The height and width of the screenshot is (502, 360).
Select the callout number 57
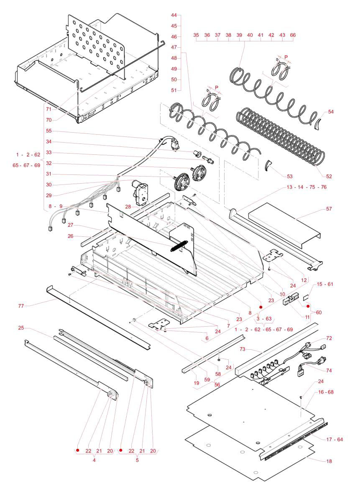point(329,208)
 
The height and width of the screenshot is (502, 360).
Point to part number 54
point(331,112)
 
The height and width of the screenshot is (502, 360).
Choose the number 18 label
point(329,461)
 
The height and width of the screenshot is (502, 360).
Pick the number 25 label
point(21,328)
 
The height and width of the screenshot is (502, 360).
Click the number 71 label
point(49,109)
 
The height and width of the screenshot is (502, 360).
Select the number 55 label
point(49,131)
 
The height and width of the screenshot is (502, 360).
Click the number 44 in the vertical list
point(174,15)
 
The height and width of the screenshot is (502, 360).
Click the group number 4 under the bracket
point(94,460)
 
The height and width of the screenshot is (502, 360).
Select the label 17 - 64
point(334,439)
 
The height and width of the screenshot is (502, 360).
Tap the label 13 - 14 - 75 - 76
point(307,187)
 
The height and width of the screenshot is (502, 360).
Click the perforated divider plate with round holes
point(96,46)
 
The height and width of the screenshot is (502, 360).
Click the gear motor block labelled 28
point(140,192)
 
